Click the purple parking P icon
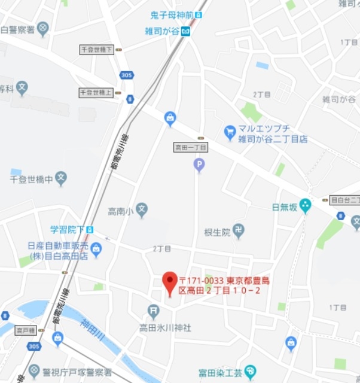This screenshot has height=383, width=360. click(x=199, y=164)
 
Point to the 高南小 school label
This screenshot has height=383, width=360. click(x=120, y=211)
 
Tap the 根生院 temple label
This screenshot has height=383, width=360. click(x=217, y=232)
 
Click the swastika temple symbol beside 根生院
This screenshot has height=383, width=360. click(x=239, y=230)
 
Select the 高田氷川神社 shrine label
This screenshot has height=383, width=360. click(x=164, y=327)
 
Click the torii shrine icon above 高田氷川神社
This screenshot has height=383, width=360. click(x=153, y=310)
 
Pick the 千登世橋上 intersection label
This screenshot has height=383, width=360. click(x=96, y=92)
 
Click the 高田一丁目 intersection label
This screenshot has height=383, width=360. click(x=190, y=147)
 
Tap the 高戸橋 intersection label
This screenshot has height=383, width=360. click(x=26, y=330)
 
